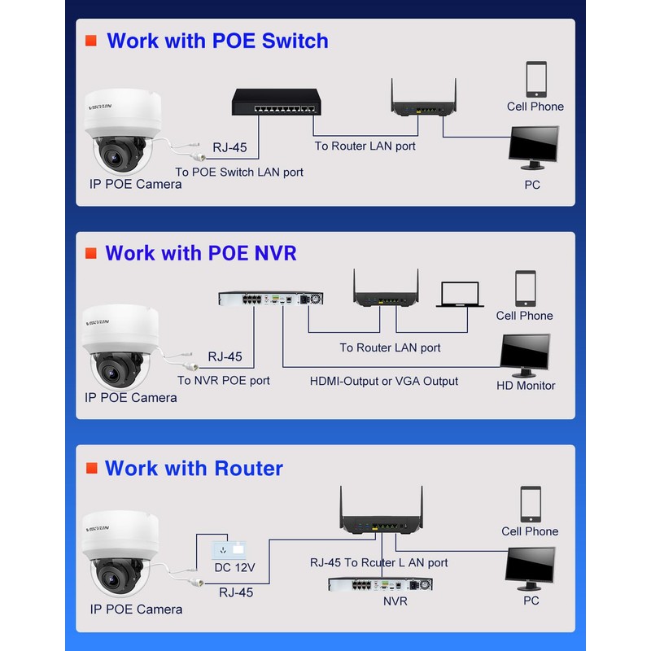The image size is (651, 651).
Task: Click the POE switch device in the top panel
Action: (274, 102)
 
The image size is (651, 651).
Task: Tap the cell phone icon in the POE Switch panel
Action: (536, 80)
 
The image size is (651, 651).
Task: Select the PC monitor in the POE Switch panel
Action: (534, 148)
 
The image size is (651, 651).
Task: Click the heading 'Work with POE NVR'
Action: (200, 253)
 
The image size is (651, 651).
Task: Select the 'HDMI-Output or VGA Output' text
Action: (384, 381)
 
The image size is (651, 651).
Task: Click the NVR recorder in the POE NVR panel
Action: (270, 299)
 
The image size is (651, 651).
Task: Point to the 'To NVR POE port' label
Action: (223, 380)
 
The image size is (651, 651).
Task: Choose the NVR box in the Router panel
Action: (379, 584)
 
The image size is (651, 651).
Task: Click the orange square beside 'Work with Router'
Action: (91, 468)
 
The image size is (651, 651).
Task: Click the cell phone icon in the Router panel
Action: (531, 504)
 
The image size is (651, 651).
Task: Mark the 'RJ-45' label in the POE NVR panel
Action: (225, 356)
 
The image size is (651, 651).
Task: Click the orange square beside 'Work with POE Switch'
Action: (91, 40)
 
